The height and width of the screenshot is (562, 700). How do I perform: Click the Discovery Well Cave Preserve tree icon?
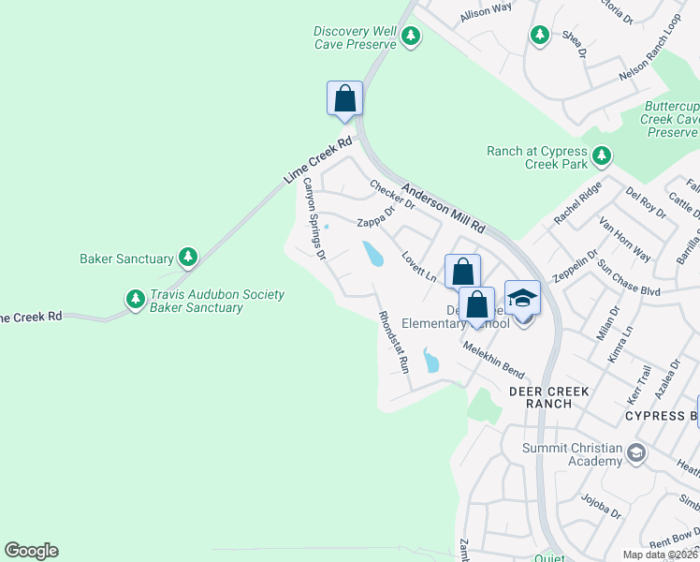pos(411,37)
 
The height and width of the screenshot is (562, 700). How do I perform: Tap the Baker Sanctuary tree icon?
pos(188,257)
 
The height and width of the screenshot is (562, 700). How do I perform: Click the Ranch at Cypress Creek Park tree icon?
pos(602,155)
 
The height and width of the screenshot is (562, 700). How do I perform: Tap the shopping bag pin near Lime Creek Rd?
pos(344,98)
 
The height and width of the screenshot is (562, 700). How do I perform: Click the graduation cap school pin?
pos(522,298)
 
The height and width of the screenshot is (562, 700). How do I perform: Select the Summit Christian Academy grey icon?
pos(636,454)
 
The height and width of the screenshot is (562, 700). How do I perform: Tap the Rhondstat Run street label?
pos(393,342)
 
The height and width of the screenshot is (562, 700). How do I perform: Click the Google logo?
pos(31,551)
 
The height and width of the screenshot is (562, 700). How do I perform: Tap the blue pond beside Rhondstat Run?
pos(430,361)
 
